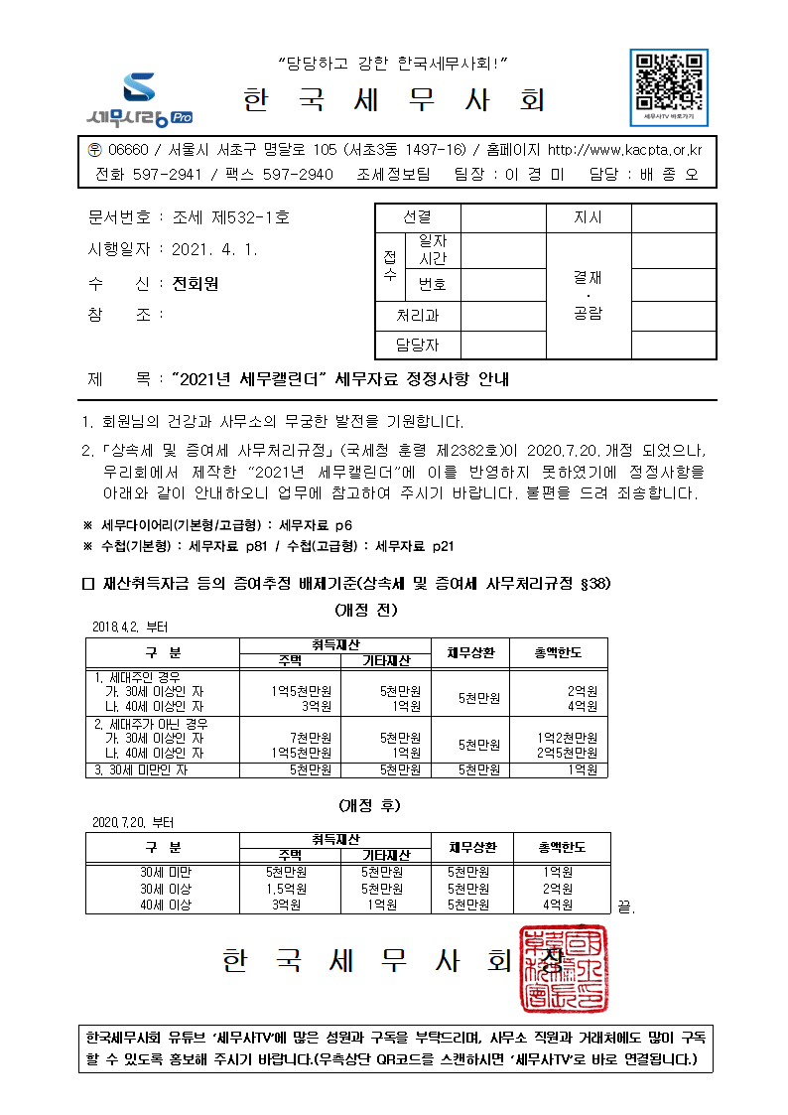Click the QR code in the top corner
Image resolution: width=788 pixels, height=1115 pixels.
669,80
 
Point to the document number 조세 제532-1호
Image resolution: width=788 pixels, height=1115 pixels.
230,216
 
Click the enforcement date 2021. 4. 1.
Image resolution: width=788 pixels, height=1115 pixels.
214,250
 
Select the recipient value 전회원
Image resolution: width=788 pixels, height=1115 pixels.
195,284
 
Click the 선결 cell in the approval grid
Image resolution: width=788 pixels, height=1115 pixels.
417,217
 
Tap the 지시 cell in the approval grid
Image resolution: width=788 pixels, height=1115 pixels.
588,217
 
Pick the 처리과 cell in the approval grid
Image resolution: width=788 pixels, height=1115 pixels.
417,316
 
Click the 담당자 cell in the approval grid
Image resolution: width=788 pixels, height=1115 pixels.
417,345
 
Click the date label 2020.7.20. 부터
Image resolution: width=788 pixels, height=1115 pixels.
132,822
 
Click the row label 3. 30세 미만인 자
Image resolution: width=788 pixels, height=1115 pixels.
141,769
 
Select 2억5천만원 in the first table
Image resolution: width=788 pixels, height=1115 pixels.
567,753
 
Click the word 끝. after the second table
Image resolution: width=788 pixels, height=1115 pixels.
625,906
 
